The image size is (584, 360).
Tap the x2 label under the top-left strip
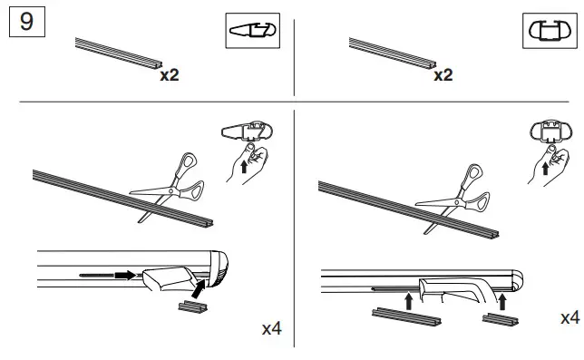[x=170, y=75]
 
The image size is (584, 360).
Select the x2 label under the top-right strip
[x=442, y=75]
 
